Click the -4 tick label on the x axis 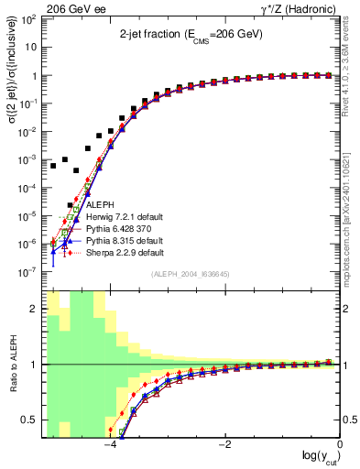click(x=110, y=446)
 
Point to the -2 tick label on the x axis click(x=225, y=446)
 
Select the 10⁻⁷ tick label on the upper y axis click(x=29, y=272)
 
